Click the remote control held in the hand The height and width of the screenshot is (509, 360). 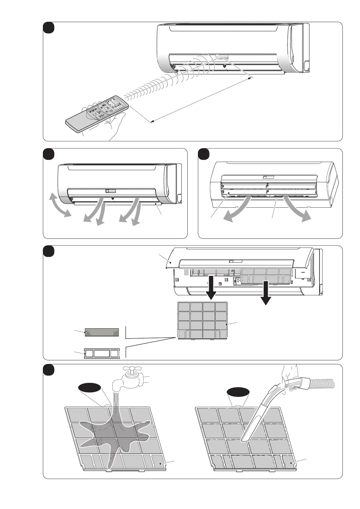click(x=97, y=115)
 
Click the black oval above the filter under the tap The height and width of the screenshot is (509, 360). click(x=89, y=387)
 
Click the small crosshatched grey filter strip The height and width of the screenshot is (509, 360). click(x=102, y=332)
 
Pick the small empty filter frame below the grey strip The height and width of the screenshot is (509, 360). click(x=102, y=354)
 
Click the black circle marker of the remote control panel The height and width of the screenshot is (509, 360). click(x=48, y=28)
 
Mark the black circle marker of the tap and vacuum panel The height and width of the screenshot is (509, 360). click(x=48, y=370)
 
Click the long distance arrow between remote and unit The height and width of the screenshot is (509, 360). click(x=201, y=100)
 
